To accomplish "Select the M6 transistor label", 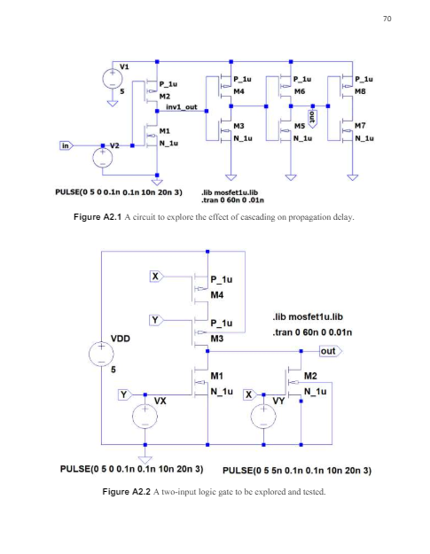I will (x=300, y=91).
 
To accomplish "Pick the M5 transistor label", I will (x=300, y=128).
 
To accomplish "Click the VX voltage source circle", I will (x=141, y=415).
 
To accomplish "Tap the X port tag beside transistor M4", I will (x=157, y=277).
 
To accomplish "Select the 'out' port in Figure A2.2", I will (x=330, y=352).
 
